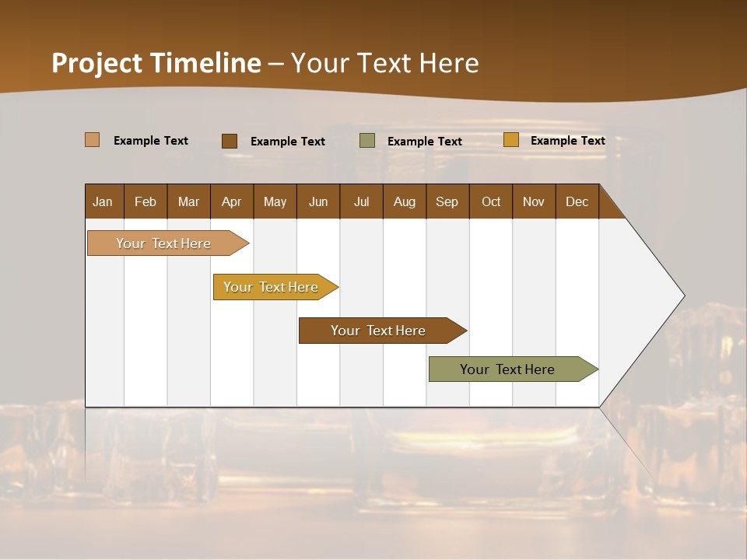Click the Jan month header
point(103,201)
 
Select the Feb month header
point(146,201)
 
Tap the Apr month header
point(231,201)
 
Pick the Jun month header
point(318,201)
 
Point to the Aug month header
point(404,201)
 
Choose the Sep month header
point(447,201)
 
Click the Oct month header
point(491,201)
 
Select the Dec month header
point(577,201)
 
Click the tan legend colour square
point(92,140)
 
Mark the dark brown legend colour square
point(230,141)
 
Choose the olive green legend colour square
point(367,141)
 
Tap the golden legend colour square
point(510,140)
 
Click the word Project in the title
point(97,63)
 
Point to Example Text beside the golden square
point(567,141)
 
